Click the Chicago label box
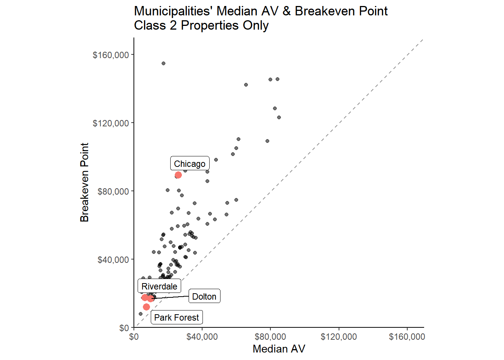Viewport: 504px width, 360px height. click(190, 163)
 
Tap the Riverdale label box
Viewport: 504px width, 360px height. click(159, 286)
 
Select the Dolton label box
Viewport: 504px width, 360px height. click(204, 296)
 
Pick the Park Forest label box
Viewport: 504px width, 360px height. click(177, 317)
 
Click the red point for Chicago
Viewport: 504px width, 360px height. click(178, 175)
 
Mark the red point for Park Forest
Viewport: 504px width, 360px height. click(146, 307)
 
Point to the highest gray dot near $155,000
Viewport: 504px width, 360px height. click(163, 63)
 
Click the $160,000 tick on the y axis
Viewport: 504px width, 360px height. click(111, 55)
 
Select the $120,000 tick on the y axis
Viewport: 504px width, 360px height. click(111, 123)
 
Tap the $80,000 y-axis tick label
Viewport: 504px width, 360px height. click(113, 192)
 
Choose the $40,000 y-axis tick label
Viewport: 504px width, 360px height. click(113, 260)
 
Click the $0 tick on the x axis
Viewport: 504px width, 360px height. click(134, 337)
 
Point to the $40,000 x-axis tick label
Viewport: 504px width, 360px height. click(202, 337)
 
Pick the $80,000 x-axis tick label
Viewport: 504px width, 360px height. click(270, 337)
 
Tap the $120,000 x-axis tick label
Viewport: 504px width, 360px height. click(339, 337)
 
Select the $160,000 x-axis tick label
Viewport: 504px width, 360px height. click(407, 337)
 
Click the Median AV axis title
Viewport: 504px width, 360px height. click(279, 349)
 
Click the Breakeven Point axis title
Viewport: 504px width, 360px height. click(85, 182)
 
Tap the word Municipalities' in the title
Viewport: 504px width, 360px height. click(174, 11)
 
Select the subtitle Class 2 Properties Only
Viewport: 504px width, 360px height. click(201, 25)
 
